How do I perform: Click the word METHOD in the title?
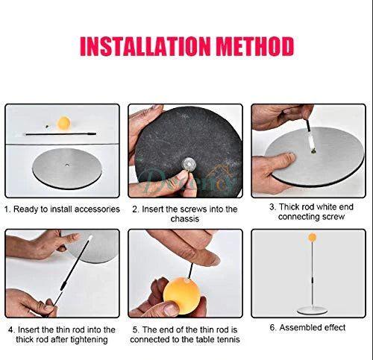(x=255, y=46)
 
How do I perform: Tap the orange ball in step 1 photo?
(x=64, y=123)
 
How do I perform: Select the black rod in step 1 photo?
(x=60, y=134)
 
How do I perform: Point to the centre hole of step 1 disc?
(x=67, y=165)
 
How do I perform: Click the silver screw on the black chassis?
(x=188, y=164)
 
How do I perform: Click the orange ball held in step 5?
(x=183, y=296)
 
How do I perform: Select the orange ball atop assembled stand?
(x=312, y=237)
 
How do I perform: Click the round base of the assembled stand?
(x=312, y=310)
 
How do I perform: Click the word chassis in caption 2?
(x=185, y=219)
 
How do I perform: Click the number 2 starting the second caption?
(x=134, y=209)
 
